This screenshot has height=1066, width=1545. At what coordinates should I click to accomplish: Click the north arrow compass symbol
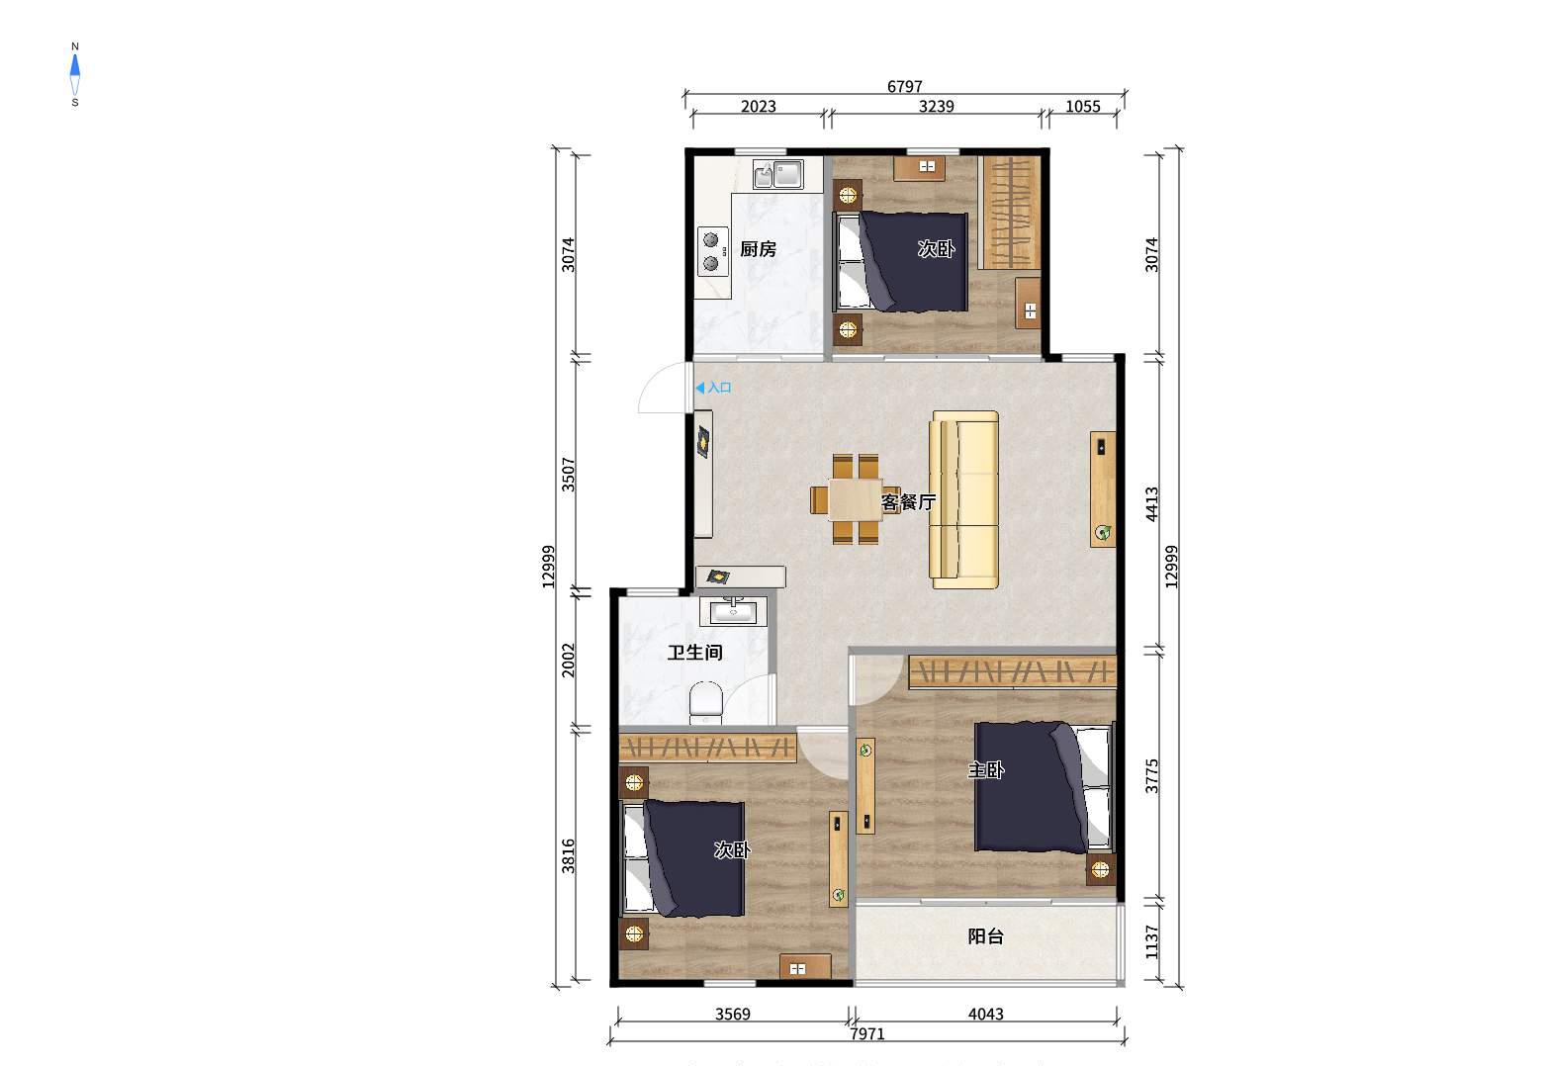point(75,74)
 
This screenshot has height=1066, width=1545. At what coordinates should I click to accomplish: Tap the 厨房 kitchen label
point(758,249)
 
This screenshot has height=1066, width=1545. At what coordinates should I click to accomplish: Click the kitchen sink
point(778,174)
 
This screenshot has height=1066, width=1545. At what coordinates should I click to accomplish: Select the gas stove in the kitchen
point(712,252)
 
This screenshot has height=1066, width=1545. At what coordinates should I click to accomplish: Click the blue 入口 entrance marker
point(713,388)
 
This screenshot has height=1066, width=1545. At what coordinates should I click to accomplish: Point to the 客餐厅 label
point(908,502)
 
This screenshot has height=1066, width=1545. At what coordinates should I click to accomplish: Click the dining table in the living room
point(856,499)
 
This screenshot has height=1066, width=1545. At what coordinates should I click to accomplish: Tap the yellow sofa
point(963,500)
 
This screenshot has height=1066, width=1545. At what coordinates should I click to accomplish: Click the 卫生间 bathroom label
point(694,653)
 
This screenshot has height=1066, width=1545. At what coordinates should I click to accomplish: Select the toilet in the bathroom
point(705,703)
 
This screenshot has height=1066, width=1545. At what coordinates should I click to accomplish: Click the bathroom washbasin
point(733,611)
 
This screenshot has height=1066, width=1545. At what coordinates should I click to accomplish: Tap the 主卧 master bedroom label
point(985,770)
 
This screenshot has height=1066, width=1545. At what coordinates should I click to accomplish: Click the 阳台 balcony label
point(985,936)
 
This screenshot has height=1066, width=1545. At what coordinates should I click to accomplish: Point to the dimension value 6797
point(904,86)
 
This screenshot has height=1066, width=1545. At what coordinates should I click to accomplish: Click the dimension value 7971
point(867,1033)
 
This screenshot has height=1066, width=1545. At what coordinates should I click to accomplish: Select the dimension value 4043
point(985,1014)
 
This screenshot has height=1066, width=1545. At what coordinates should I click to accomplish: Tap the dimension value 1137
point(1151,941)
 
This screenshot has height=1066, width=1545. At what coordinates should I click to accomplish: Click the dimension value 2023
point(758,106)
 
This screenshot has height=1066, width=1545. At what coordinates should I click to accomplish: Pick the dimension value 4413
point(1151,504)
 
